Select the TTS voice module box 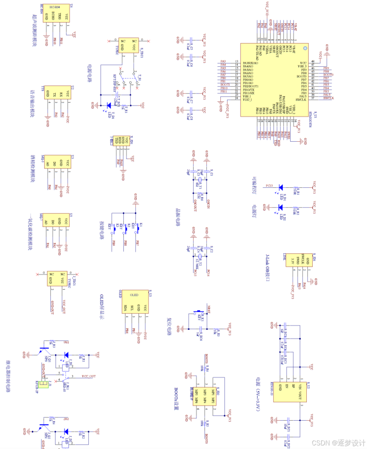tap(58, 95)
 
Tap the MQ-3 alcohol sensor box tap(58, 163)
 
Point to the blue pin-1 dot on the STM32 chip tap(304, 49)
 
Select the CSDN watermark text tap(337, 443)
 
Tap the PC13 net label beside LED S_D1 tap(270, 185)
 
